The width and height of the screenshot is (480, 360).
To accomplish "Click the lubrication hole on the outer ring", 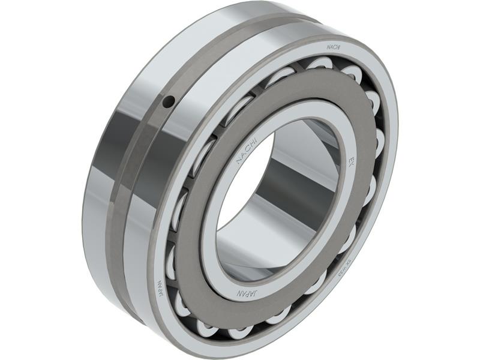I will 170,102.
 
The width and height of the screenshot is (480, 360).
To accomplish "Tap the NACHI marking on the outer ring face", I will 334,46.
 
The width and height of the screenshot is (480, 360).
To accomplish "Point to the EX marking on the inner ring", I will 351,163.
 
